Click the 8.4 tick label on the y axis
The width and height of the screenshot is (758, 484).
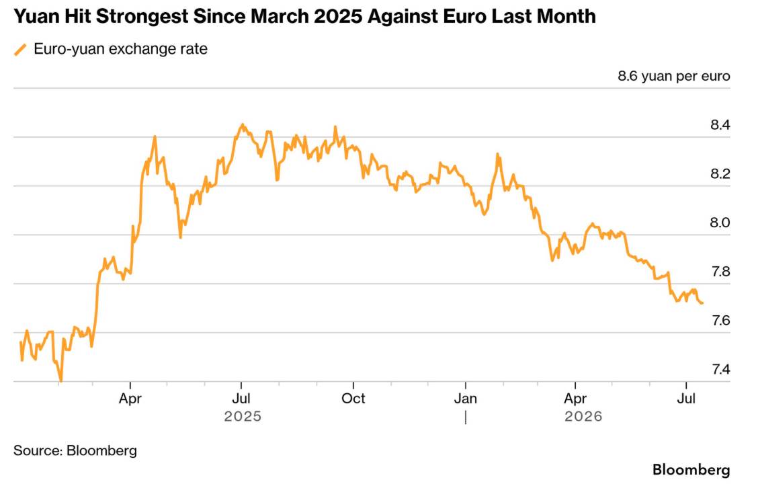click(720, 125)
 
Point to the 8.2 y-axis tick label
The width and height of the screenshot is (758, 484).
click(720, 174)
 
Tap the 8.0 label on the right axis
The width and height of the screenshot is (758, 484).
click(720, 223)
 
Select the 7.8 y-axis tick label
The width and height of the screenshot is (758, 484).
click(720, 272)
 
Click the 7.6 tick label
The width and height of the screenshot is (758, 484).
click(720, 321)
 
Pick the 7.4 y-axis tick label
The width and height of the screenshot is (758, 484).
click(720, 370)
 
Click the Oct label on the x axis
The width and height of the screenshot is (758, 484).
click(353, 399)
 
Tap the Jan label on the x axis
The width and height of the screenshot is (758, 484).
click(466, 399)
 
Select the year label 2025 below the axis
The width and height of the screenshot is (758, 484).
click(243, 416)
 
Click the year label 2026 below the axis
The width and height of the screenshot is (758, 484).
click(583, 416)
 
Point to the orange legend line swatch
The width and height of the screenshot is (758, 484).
click(20, 49)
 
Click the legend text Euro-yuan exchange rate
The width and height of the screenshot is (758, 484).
click(121, 49)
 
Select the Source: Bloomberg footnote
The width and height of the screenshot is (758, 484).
click(75, 450)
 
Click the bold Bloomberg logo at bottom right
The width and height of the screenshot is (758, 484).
click(691, 470)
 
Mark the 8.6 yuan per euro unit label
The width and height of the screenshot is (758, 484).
click(674, 77)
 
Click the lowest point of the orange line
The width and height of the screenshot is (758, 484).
click(61, 381)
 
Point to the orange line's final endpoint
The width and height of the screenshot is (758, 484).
click(702, 303)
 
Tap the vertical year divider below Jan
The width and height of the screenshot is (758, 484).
click(466, 417)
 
